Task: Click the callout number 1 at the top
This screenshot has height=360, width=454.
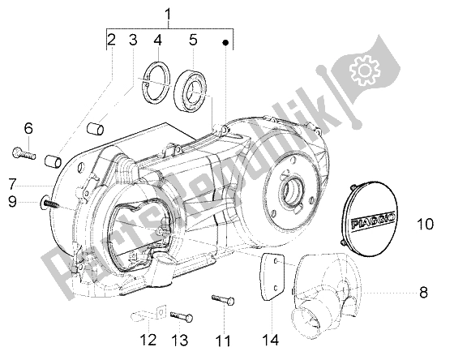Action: pyautogui.click(x=169, y=14)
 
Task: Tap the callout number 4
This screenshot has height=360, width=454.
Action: pyautogui.click(x=157, y=40)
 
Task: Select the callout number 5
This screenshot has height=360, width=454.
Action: pyautogui.click(x=193, y=40)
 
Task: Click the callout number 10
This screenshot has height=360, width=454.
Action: pyautogui.click(x=426, y=224)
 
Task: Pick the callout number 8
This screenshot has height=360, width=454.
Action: pyautogui.click(x=423, y=292)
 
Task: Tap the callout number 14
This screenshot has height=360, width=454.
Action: pyautogui.click(x=271, y=340)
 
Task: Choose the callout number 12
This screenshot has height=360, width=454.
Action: pyautogui.click(x=148, y=340)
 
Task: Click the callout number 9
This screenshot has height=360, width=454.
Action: pyautogui.click(x=12, y=201)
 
